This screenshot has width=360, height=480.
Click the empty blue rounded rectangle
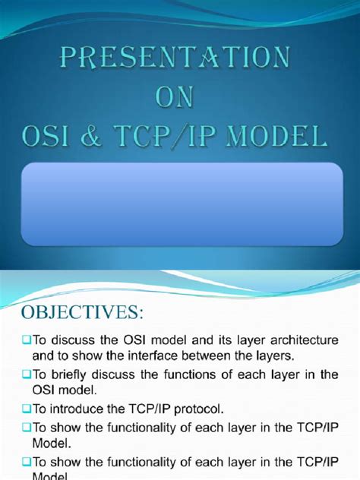click(x=179, y=204)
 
